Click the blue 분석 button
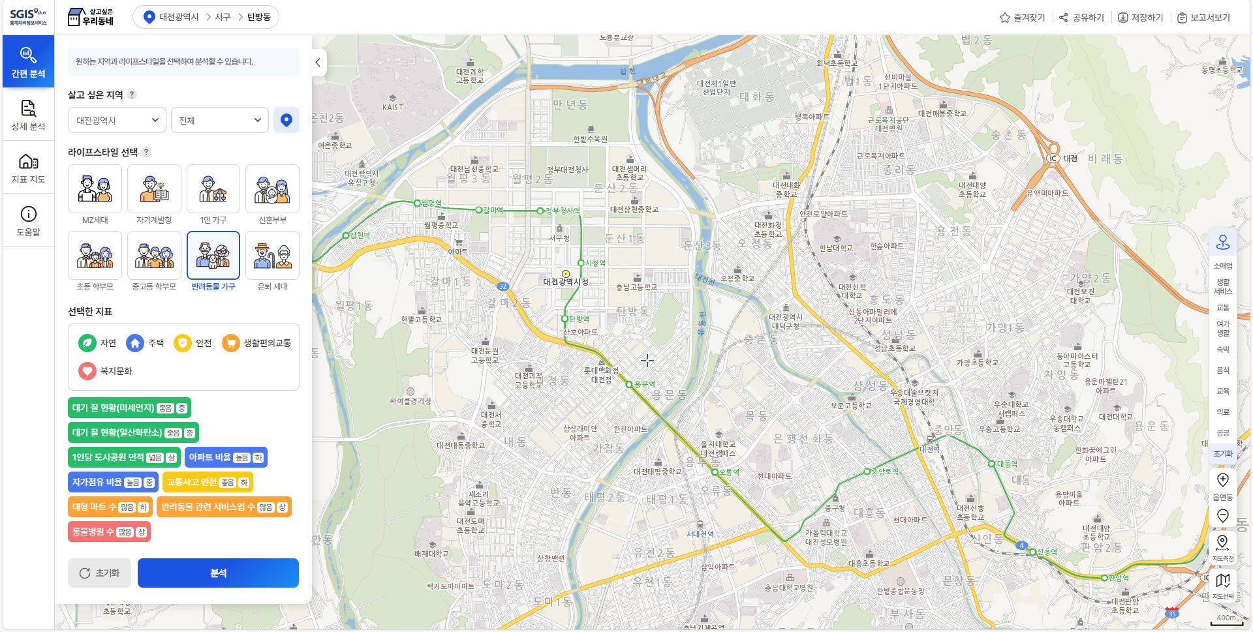(x=218, y=573)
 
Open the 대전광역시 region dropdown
(x=117, y=120)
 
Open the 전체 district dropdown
(x=219, y=120)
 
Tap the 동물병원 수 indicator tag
(x=109, y=532)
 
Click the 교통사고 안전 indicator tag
(x=208, y=482)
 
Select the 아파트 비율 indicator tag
(x=226, y=457)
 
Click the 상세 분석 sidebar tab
(x=28, y=115)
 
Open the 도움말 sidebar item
(x=28, y=221)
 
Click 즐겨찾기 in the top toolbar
(x=1022, y=18)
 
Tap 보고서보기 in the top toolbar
(x=1203, y=18)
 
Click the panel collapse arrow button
(x=318, y=63)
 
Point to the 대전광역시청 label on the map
(x=566, y=282)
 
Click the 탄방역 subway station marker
(x=565, y=319)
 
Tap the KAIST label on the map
(x=392, y=107)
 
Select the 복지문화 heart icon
(x=87, y=371)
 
